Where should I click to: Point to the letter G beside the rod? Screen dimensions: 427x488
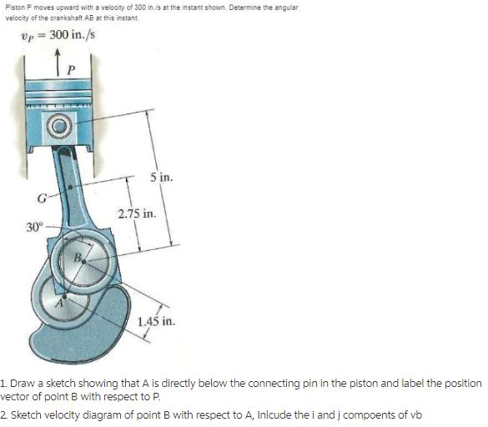pyautogui.click(x=38, y=198)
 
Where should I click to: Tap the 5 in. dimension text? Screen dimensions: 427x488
pyautogui.click(x=161, y=178)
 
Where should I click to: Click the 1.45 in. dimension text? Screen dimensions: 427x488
pyautogui.click(x=159, y=321)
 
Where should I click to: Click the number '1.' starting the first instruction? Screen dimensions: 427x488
pyautogui.click(x=4, y=383)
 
